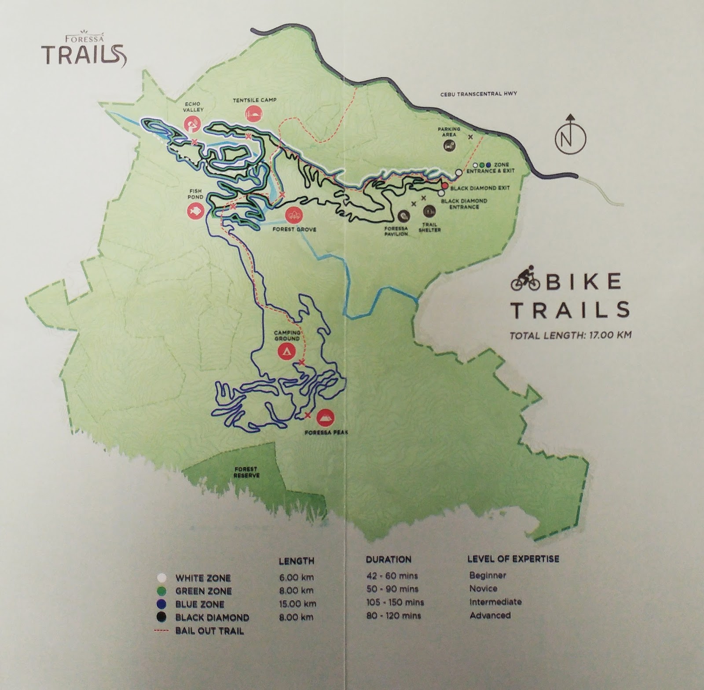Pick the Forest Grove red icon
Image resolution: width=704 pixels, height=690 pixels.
click(x=294, y=215)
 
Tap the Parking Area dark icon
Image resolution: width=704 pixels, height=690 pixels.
click(x=450, y=145)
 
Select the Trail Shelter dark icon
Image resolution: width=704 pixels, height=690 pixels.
click(x=429, y=212)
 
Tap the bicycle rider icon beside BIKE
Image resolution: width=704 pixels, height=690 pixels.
click(x=524, y=282)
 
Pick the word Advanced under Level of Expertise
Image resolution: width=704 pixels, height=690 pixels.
click(x=490, y=615)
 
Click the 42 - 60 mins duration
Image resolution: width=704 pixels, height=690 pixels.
click(x=392, y=576)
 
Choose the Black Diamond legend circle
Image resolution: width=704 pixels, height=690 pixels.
click(x=162, y=617)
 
